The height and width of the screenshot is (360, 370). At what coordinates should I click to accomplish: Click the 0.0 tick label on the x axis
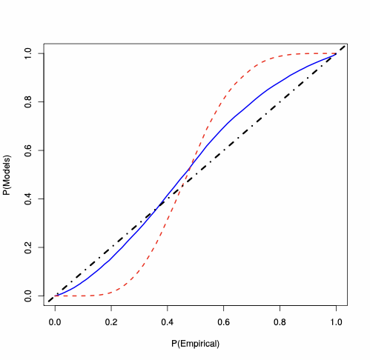pyautogui.click(x=55, y=322)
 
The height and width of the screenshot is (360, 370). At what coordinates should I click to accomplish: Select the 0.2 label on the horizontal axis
pyautogui.click(x=111, y=322)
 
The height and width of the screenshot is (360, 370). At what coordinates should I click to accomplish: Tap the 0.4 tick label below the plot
pyautogui.click(x=167, y=322)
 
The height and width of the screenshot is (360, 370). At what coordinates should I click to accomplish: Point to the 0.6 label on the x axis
pyautogui.click(x=223, y=322)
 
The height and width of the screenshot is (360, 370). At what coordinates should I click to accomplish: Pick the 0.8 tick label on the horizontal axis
pyautogui.click(x=280, y=322)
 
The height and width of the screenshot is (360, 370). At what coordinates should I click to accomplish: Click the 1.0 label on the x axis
pyautogui.click(x=336, y=322)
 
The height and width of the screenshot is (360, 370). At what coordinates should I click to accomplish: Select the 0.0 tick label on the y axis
pyautogui.click(x=28, y=296)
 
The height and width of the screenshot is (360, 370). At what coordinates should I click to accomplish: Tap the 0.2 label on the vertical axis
pyautogui.click(x=28, y=247)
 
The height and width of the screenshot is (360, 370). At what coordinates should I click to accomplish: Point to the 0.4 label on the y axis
pyautogui.click(x=28, y=199)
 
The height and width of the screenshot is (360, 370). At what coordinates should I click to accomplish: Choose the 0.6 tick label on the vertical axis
pyautogui.click(x=28, y=150)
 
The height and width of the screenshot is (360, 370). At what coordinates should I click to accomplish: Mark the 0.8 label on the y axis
pyautogui.click(x=28, y=101)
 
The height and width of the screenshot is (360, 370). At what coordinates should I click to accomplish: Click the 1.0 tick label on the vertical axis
pyautogui.click(x=28, y=53)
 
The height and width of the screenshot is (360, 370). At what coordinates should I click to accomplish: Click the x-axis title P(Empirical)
pyautogui.click(x=195, y=344)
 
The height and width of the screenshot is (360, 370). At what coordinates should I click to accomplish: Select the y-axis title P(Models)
pyautogui.click(x=7, y=175)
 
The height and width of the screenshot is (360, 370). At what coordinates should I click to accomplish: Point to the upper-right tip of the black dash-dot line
pyautogui.click(x=346, y=44)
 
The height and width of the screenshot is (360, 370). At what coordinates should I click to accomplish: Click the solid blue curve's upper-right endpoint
pyautogui.click(x=336, y=53)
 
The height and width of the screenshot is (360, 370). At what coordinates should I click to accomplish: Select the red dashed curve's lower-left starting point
pyautogui.click(x=55, y=296)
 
